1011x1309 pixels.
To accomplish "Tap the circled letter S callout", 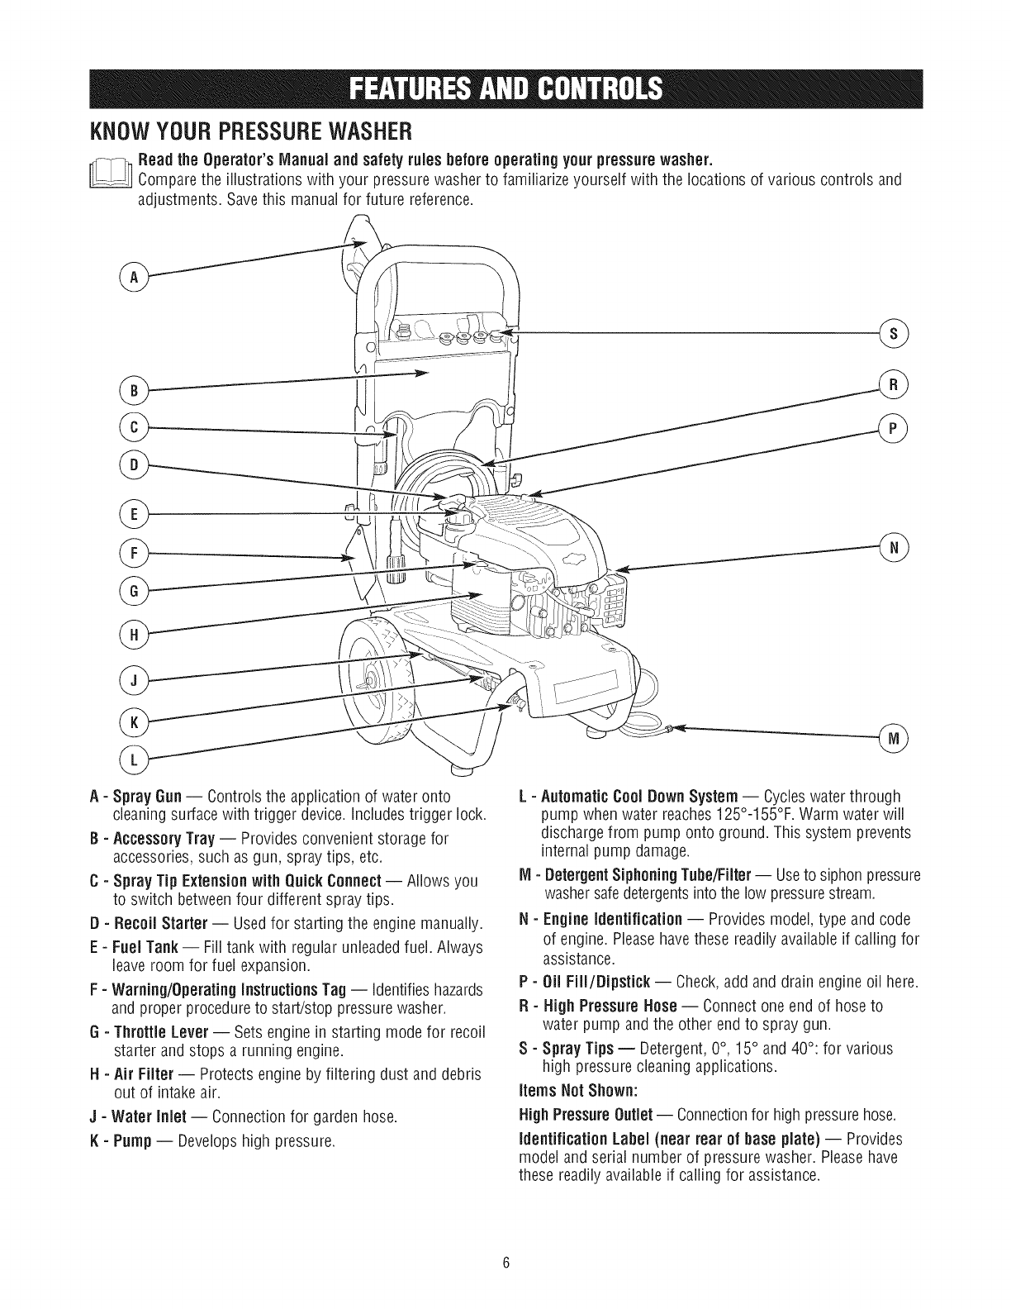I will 895,334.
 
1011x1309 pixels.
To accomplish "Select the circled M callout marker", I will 894,738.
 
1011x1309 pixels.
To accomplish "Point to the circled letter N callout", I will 895,547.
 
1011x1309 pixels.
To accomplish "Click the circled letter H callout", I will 132,635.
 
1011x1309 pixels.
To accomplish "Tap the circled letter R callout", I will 895,385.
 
